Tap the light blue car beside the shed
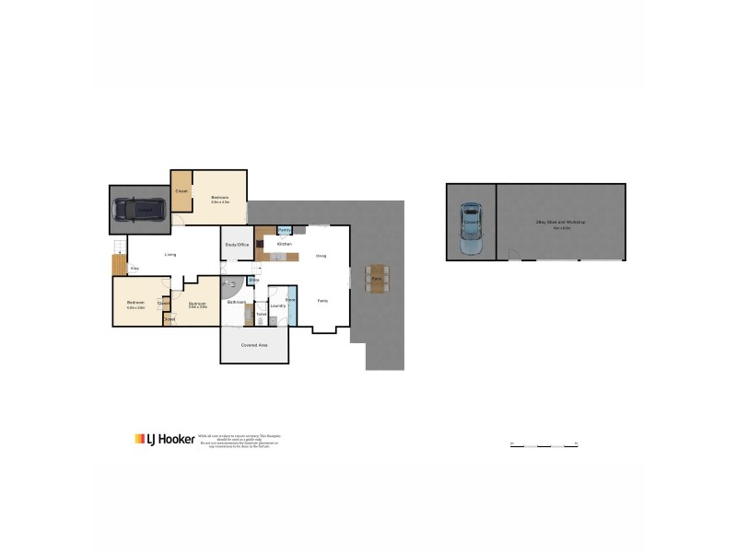471,228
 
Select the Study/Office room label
237,245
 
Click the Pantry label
285,230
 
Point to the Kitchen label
285,244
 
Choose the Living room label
170,255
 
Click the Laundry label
277,305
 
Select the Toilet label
261,315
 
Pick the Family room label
323,301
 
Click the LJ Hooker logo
165,440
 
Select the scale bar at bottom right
544,444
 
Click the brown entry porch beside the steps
117,265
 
